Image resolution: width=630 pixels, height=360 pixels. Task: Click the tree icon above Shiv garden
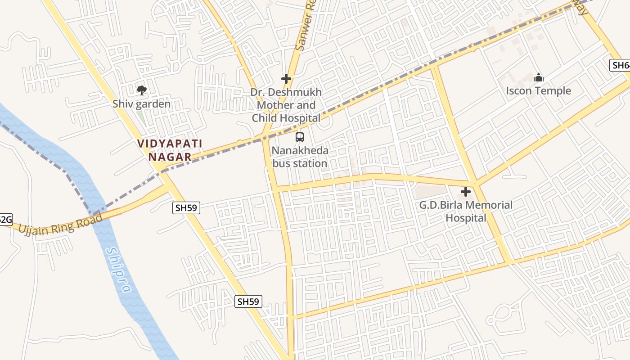142,90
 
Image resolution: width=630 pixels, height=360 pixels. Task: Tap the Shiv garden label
142,104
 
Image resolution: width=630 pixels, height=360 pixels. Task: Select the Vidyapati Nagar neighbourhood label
170,150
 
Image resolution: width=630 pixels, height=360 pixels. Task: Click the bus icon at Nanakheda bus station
300,137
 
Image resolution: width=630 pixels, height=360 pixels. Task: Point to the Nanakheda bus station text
300,157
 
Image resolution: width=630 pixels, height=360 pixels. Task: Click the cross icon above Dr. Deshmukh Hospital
286,79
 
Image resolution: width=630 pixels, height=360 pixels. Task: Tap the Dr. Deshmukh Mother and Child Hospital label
286,105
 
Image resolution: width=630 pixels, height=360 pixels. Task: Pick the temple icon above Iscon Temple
538,78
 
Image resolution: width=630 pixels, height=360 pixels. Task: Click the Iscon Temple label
538,91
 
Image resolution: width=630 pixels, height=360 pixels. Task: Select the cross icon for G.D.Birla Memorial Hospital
466,192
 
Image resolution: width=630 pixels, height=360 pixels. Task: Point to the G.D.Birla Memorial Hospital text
466,211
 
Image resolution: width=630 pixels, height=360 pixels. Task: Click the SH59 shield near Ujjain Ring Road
186,207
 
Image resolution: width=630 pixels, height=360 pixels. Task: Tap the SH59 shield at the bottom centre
248,301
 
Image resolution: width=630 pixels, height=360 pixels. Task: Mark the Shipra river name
119,270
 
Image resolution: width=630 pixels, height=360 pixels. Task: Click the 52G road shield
4,220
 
